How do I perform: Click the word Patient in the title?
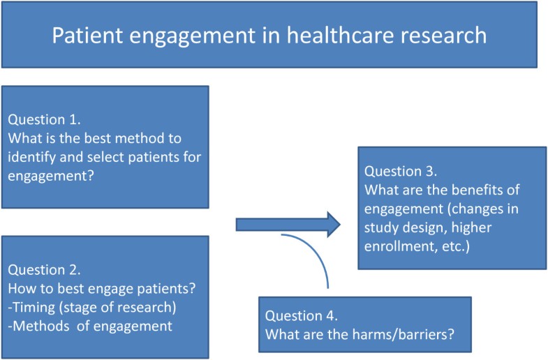(87, 35)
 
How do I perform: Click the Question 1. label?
(45, 120)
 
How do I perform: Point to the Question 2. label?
(45, 270)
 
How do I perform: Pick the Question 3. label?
(401, 171)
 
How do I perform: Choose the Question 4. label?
(302, 315)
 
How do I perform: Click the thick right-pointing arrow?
(288, 225)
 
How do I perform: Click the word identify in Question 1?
(32, 158)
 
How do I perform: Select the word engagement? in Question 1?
(51, 177)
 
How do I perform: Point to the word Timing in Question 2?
(34, 308)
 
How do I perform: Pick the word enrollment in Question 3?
(401, 246)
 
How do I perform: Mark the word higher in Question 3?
(471, 228)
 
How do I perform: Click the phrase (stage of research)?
(118, 308)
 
